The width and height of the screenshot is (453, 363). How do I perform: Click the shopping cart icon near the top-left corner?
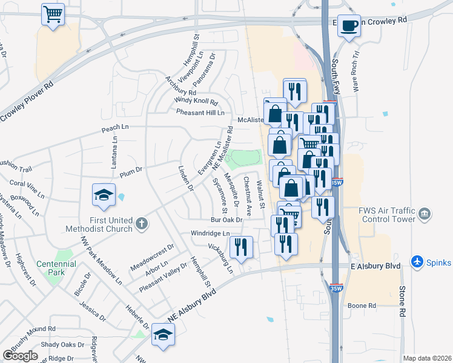pos(53,14)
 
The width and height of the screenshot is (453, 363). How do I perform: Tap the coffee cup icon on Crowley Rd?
pos(348,26)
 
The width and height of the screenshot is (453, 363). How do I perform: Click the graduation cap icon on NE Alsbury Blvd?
pos(163,335)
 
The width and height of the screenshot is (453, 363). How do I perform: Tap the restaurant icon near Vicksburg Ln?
pos(241,247)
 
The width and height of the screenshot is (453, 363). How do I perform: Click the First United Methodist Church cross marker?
pos(141,224)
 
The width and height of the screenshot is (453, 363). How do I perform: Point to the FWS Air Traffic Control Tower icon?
pos(425,213)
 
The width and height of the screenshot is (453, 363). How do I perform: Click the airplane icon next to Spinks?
pos(417,262)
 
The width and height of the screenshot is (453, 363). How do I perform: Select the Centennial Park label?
pos(56,264)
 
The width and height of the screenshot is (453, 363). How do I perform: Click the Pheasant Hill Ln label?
pos(200,113)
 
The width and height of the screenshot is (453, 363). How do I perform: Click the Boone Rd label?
pos(363,306)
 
